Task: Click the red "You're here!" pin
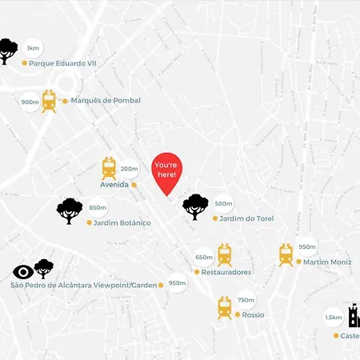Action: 166,171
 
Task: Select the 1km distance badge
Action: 33,48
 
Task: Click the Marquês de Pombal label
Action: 105,101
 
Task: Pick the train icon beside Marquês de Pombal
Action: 49,101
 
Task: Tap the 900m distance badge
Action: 30,102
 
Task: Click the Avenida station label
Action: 114,184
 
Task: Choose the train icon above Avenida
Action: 109,167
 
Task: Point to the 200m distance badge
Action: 129,169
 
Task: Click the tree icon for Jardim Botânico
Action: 70,210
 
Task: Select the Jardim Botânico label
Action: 122,222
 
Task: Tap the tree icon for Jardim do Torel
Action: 195,206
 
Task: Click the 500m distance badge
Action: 223,204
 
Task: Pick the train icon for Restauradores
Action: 225,255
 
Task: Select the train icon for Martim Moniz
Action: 286,254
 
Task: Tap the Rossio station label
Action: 253,314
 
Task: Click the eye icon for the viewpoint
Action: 23,272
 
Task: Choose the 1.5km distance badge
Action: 333,318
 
